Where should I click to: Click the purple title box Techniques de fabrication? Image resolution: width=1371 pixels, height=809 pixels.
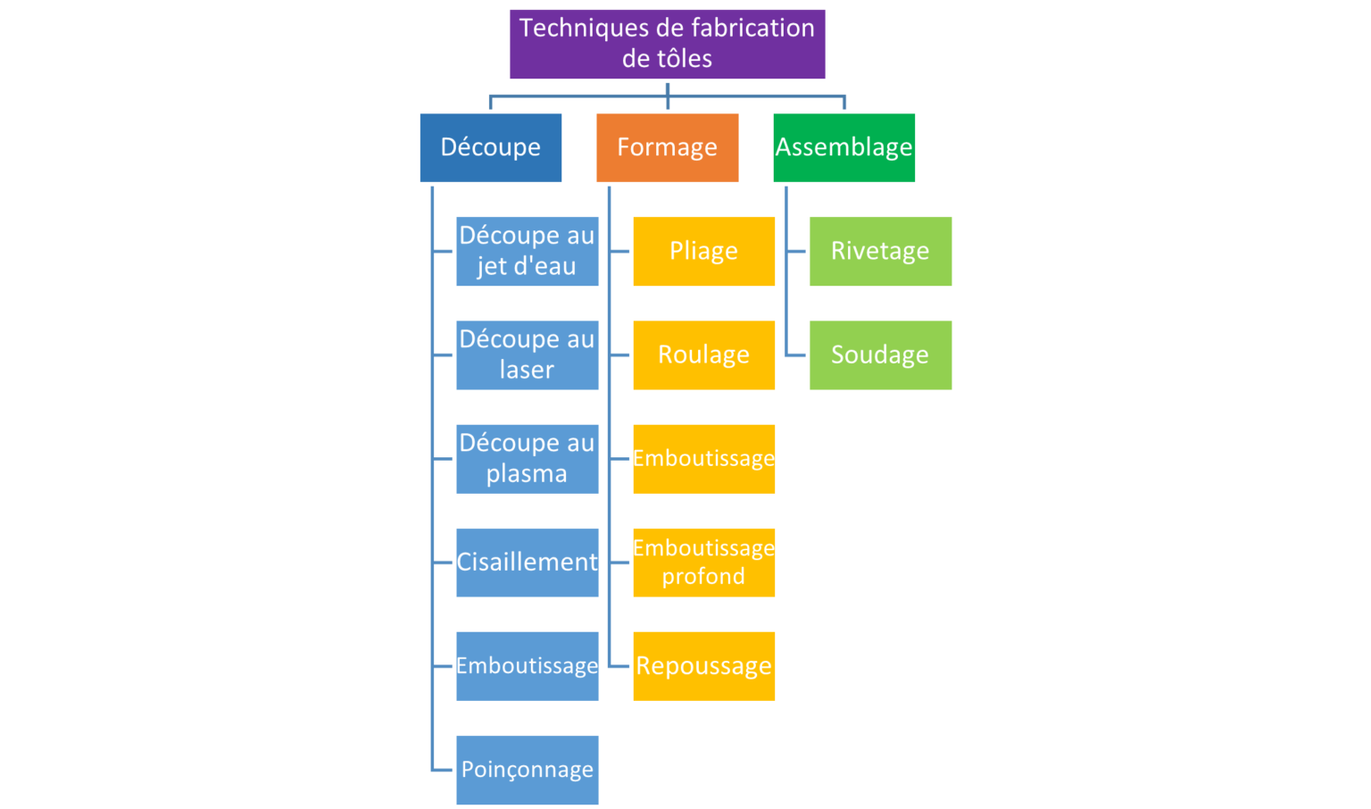tap(667, 44)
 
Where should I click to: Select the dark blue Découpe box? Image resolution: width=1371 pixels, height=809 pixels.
tap(491, 147)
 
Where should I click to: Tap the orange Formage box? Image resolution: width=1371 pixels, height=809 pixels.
tap(667, 147)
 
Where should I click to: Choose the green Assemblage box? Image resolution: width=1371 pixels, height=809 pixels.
tap(844, 147)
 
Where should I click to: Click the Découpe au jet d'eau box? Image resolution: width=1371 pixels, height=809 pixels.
tap(527, 251)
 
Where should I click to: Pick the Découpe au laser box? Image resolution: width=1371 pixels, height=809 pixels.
tap(527, 355)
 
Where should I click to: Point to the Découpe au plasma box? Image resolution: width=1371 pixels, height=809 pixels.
tap(527, 459)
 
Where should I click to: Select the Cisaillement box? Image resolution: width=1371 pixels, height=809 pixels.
tap(527, 563)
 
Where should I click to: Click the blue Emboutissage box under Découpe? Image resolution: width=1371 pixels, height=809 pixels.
tap(527, 666)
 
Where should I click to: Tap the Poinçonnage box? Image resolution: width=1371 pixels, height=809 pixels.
tap(527, 770)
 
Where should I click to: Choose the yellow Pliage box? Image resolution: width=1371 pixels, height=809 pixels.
tap(704, 251)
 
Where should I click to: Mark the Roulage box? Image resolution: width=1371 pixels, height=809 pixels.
tap(704, 355)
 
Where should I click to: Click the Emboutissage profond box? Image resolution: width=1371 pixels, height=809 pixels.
tap(704, 563)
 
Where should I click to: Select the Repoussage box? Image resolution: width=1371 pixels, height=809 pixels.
tap(704, 666)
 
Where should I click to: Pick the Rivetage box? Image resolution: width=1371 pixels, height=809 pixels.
tap(880, 251)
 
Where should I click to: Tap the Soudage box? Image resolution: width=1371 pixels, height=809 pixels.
tap(880, 355)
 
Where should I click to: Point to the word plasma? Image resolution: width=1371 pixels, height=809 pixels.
tap(527, 474)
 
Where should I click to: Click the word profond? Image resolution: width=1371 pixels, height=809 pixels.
tap(703, 576)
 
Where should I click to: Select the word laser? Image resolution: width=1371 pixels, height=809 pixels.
tap(527, 370)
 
